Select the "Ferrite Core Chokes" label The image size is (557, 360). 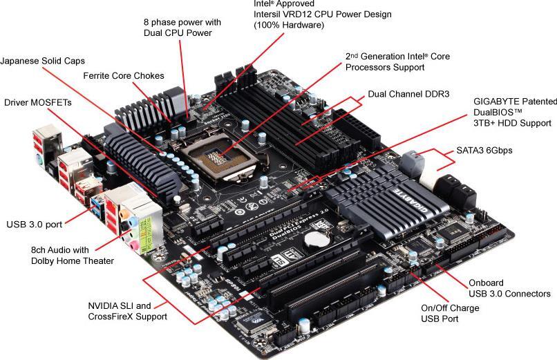point(124,75)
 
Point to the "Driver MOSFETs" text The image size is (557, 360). point(37,102)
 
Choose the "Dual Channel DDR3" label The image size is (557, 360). point(408,93)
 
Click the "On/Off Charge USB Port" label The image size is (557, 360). point(450,313)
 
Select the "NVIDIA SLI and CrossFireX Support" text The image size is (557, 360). point(127,311)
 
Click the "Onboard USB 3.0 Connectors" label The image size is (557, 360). point(509,288)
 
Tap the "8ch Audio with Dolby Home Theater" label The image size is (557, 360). point(73,255)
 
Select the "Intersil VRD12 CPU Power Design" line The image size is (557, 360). point(322,14)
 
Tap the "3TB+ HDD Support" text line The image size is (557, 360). point(512,123)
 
